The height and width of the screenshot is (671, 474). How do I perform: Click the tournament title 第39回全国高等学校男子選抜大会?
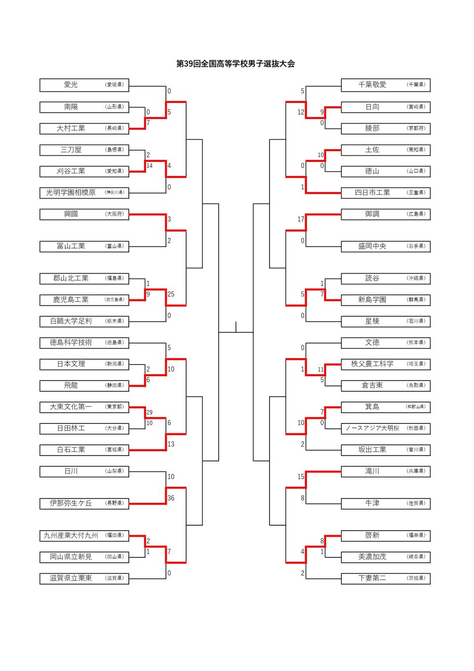pos(236,64)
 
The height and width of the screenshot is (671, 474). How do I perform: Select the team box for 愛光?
pos(84,85)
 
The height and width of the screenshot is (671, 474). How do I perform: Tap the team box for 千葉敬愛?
pos(386,85)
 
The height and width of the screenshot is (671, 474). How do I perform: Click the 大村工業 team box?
pos(84,128)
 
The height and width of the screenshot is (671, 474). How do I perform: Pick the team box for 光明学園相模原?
pos(84,193)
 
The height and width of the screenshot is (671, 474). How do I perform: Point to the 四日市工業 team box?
pos(386,193)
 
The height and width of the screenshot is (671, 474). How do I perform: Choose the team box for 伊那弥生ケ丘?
pos(84,503)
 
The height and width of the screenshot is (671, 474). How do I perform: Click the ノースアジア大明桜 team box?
pos(386,428)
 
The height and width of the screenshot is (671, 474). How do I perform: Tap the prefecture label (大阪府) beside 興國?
pos(115,214)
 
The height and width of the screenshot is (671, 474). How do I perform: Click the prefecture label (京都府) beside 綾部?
pos(416,128)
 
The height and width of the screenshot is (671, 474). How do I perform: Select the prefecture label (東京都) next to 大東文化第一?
pos(115,407)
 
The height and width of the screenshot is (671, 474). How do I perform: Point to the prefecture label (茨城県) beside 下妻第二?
pos(416,578)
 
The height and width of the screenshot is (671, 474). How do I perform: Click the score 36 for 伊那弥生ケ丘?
pos(171,498)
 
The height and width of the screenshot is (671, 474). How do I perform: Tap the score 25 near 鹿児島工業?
pos(171,294)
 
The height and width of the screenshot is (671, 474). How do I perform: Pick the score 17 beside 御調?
pos(301,219)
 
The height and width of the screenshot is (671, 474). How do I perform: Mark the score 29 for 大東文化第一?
pos(149,412)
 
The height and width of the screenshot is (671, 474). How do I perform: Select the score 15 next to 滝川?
pos(301,477)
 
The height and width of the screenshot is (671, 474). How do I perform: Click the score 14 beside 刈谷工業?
pos(149,166)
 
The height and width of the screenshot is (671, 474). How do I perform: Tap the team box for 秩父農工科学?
pos(386,364)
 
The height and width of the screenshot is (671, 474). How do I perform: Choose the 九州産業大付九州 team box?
pos(84,536)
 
